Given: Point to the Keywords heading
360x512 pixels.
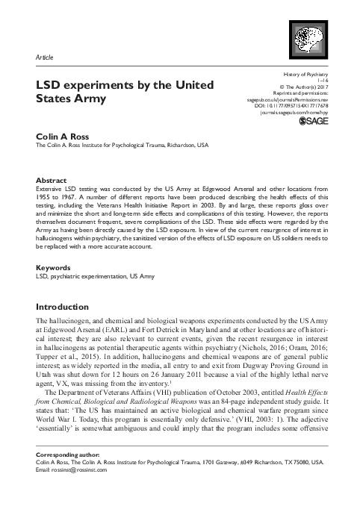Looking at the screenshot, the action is click(54, 267).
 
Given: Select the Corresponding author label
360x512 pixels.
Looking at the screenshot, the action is click(69, 454).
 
